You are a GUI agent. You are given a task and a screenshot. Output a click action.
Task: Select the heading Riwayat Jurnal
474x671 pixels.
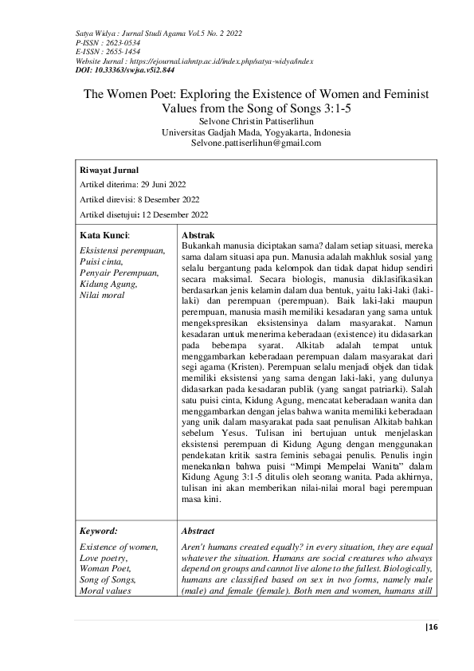pyautogui.click(x=109, y=171)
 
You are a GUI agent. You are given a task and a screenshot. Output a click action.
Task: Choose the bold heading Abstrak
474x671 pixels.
pyautogui.click(x=198, y=237)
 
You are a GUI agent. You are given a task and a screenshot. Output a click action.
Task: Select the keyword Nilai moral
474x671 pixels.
pyautogui.click(x=100, y=296)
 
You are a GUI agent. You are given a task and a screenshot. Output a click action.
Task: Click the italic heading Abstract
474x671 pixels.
pyautogui.click(x=198, y=530)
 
